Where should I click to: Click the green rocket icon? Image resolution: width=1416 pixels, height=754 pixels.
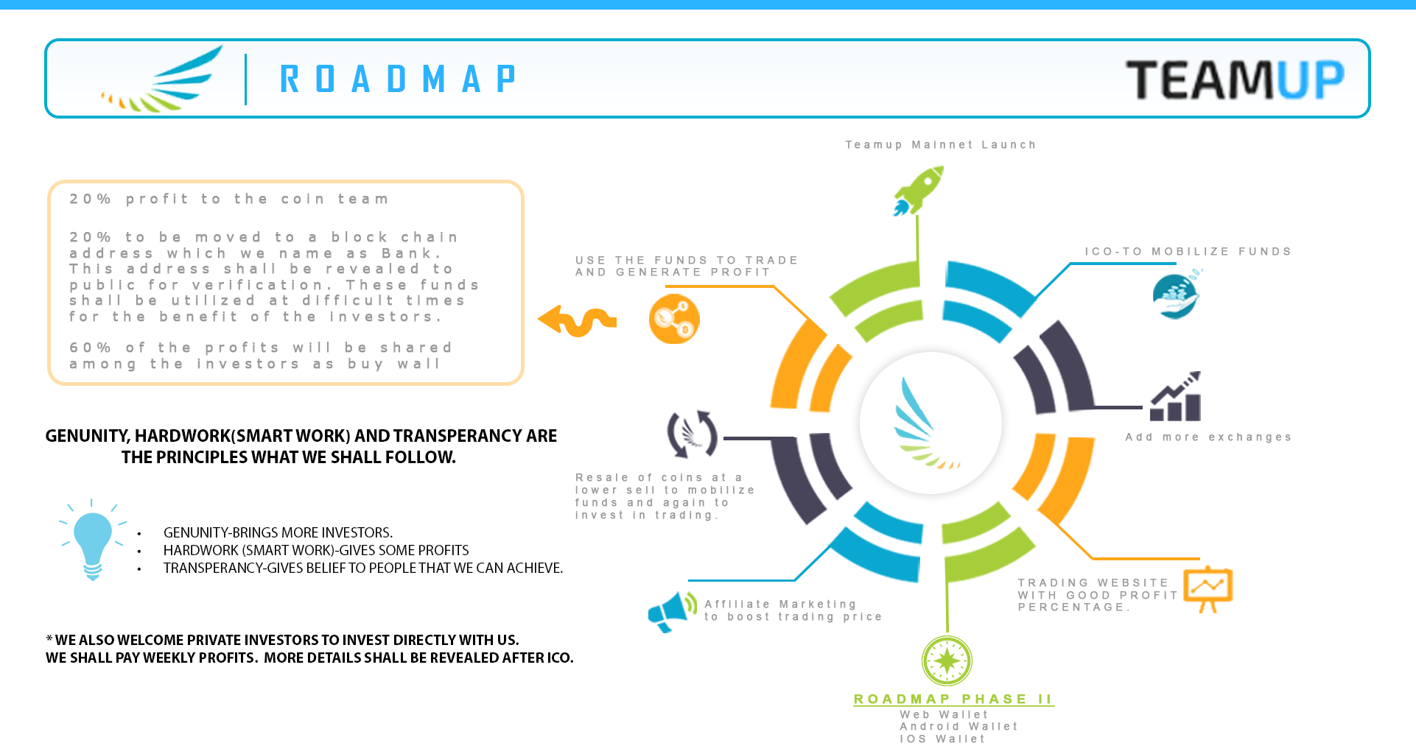pyautogui.click(x=918, y=191)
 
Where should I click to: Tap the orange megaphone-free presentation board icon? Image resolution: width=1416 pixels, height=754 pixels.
pyautogui.click(x=1208, y=589)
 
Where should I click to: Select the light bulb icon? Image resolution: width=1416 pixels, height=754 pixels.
pyautogui.click(x=93, y=540)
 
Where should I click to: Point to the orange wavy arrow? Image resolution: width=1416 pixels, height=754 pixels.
pyautogui.click(x=578, y=321)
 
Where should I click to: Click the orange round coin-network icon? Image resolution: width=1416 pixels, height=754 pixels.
pyautogui.click(x=674, y=319)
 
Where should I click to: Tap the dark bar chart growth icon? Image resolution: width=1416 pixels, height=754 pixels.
pyautogui.click(x=1176, y=396)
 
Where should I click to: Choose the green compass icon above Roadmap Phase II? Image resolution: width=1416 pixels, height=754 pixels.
pyautogui.click(x=947, y=660)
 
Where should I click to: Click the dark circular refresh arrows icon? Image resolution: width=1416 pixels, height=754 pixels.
pyautogui.click(x=693, y=434)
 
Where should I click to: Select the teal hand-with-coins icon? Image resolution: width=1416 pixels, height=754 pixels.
pyautogui.click(x=1177, y=295)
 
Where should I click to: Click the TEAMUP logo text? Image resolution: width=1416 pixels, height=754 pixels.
pyautogui.click(x=1236, y=80)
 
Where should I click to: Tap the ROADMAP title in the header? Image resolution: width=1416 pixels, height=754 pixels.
pyautogui.click(x=398, y=79)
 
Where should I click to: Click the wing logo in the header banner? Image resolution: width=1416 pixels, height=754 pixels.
pyautogui.click(x=162, y=79)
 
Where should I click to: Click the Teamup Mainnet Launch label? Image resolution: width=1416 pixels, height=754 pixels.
pyautogui.click(x=941, y=145)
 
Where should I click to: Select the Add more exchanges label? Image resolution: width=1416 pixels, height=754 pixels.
pyautogui.click(x=1208, y=437)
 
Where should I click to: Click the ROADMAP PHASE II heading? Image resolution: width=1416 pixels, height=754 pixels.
pyautogui.click(x=953, y=700)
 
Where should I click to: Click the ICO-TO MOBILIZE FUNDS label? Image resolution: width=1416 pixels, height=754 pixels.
pyautogui.click(x=1188, y=252)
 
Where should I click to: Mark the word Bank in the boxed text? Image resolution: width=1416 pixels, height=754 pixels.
pyautogui.click(x=411, y=253)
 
